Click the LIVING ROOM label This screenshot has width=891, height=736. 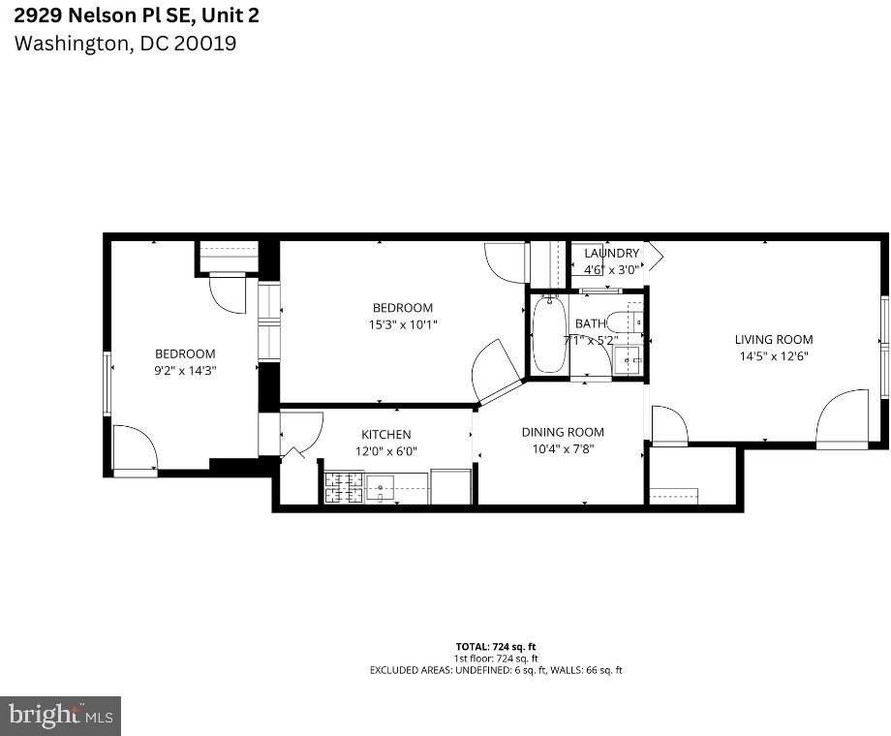coord(773,340)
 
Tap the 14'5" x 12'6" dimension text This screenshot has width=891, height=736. coord(773,355)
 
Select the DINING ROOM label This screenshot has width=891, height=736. coord(562,432)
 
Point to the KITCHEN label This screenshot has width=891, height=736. coord(385,435)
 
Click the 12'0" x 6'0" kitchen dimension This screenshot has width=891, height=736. coord(385,450)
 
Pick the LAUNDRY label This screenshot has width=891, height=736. coord(611,254)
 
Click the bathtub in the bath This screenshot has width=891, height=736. coord(549,335)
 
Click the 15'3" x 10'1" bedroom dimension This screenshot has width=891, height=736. coord(405,324)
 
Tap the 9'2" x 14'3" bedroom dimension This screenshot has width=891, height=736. coord(185,369)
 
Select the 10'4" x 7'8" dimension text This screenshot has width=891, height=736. coord(562,448)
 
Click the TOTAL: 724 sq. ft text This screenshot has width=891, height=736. coord(495,647)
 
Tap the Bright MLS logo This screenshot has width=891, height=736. coord(60,716)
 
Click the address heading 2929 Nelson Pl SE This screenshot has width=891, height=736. coord(137,15)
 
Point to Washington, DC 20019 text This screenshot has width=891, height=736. coord(125,44)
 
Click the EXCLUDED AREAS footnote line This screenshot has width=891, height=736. coord(495,670)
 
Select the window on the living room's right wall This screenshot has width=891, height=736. coord(883,344)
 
